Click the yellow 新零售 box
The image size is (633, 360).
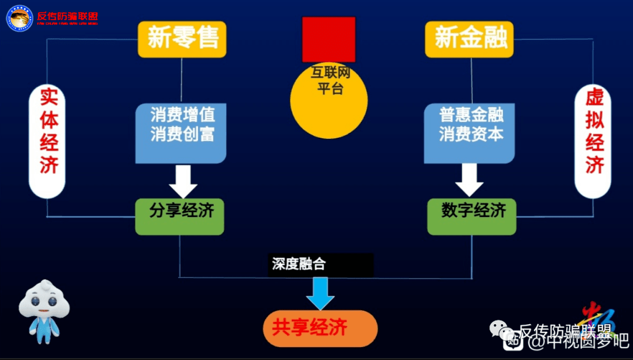(x=182, y=39)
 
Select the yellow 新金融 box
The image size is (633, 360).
(x=469, y=39)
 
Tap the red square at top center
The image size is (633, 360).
(x=328, y=39)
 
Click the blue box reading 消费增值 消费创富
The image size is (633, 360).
(x=181, y=133)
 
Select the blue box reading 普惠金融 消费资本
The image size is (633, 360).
(x=469, y=133)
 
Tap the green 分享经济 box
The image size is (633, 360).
(x=179, y=216)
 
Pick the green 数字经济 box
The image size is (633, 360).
(x=471, y=216)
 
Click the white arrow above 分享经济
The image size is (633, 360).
(x=183, y=181)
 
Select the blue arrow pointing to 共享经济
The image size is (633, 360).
(x=320, y=293)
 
